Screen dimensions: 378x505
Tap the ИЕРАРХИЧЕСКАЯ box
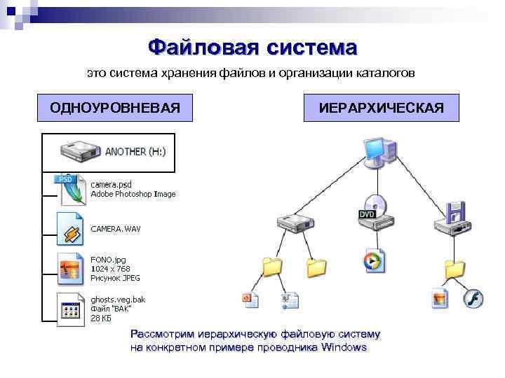pyautogui.click(x=381, y=108)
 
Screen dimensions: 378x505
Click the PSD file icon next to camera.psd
pyautogui.click(x=71, y=188)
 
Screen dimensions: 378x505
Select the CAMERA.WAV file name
pyautogui.click(x=116, y=229)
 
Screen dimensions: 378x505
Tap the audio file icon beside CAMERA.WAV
pyautogui.click(x=71, y=227)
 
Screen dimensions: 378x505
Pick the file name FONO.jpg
pyautogui.click(x=108, y=259)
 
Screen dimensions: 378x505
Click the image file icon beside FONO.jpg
pyautogui.click(x=71, y=267)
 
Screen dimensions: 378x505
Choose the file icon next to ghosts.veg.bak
pyautogui.click(x=71, y=308)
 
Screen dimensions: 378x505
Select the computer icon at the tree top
pyautogui.click(x=379, y=150)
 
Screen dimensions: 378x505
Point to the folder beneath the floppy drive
pyautogui.click(x=454, y=267)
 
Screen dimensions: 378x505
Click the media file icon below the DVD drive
pyautogui.click(x=372, y=260)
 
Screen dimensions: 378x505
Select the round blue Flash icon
pyautogui.click(x=473, y=299)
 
